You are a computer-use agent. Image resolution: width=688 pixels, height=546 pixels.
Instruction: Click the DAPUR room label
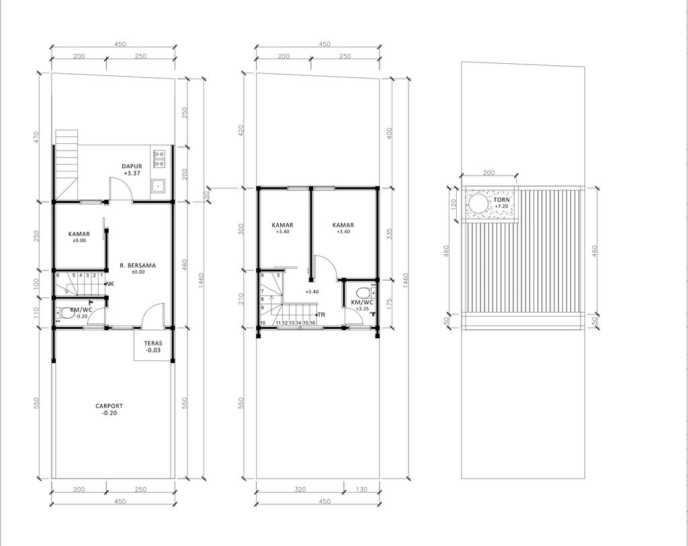coord(132,166)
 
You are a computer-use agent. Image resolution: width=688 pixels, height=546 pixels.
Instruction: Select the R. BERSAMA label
coord(137,266)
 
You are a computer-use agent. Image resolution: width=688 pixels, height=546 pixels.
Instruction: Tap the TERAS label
coord(153,342)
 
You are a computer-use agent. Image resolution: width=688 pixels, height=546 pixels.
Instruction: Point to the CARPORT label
coord(109,406)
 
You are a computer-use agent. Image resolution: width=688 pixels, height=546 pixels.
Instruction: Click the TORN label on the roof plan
coord(501,200)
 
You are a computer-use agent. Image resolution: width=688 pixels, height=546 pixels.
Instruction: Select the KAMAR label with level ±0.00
coord(79,234)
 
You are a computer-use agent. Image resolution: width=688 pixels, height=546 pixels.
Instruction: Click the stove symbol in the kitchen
coord(160,158)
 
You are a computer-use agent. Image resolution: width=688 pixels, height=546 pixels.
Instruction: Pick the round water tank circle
coord(478,203)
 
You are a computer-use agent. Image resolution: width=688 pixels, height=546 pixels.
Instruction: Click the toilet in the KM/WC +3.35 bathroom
coord(362,293)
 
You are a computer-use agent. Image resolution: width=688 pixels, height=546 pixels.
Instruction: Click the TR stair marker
coord(320,314)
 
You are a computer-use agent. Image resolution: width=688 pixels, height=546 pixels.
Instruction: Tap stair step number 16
coord(312,323)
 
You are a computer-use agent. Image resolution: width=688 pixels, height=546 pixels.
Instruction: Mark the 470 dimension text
coord(37,136)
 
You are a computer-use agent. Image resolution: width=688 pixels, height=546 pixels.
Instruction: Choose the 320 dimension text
coord(299,490)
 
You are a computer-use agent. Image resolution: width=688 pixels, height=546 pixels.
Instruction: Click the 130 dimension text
coord(362,490)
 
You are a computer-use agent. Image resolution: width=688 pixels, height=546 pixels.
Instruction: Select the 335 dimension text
coord(390,233)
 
